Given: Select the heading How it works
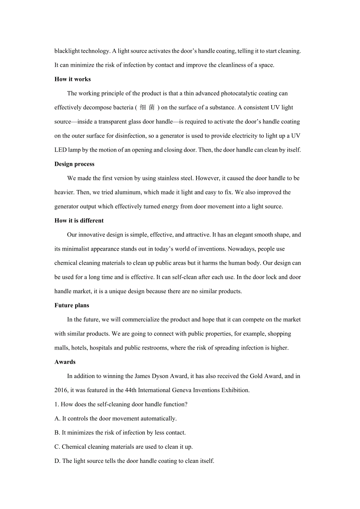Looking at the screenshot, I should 72,79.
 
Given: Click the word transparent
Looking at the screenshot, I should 114,122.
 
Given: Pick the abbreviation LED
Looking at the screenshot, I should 61,150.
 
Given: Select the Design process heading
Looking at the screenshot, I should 74,164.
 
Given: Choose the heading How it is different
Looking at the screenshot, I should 79,220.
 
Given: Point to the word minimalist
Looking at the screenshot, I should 77,249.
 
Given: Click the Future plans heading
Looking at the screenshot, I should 72,305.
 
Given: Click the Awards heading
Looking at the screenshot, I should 65,362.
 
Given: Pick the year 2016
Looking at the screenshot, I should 61,390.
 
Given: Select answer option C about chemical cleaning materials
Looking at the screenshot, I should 124,446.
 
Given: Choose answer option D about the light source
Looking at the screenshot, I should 134,461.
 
